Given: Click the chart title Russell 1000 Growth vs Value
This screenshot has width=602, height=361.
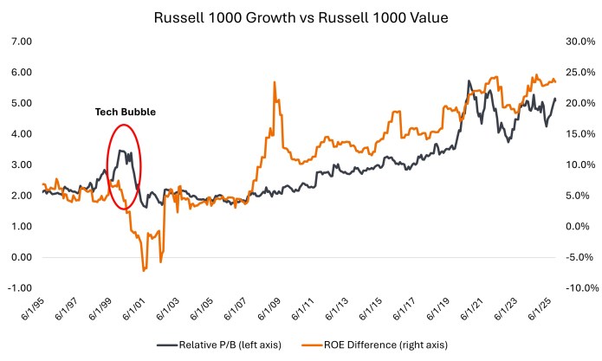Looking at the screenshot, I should [301, 16].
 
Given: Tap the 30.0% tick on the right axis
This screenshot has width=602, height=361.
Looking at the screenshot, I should [578, 42].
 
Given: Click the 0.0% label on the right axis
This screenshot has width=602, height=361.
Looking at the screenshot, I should [579, 227].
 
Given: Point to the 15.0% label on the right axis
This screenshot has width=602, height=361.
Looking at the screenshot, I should [578, 134].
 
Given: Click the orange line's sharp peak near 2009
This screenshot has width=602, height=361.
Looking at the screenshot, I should [275, 82].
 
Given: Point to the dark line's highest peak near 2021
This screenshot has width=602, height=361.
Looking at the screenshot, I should [469, 81].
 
